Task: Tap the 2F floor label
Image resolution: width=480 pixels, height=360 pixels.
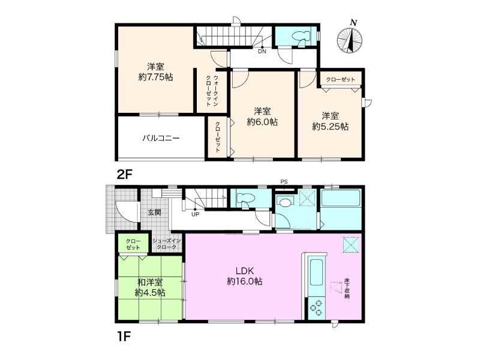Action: tap(125, 175)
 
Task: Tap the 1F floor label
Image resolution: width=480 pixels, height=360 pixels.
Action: tap(124, 337)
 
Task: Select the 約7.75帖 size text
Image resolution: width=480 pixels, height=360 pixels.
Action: tap(155, 77)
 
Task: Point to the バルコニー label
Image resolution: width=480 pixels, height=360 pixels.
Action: tap(161, 139)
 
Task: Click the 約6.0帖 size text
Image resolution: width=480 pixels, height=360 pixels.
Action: tap(262, 122)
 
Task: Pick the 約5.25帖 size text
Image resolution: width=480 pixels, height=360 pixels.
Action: tap(331, 127)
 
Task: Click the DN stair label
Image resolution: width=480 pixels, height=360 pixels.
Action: tap(262, 52)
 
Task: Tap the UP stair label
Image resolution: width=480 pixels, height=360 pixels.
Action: tap(195, 214)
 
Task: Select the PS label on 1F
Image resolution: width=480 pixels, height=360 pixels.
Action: tap(284, 182)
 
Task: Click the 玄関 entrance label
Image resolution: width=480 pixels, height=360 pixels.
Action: tap(154, 212)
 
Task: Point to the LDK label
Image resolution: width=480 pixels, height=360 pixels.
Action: tap(245, 271)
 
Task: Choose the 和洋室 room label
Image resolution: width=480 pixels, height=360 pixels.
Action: tap(150, 282)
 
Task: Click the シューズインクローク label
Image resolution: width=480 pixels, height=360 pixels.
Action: tap(167, 244)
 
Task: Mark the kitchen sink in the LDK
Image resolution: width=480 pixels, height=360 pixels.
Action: tap(317, 272)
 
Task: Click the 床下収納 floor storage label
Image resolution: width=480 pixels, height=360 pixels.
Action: tap(347, 288)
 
